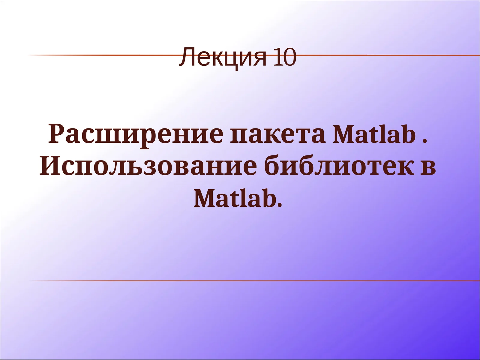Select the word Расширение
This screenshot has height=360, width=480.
136,134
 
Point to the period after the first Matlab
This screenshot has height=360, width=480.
424,141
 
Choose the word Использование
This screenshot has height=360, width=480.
148,166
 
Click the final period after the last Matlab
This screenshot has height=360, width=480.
280,205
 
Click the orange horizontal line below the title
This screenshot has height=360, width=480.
240,281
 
